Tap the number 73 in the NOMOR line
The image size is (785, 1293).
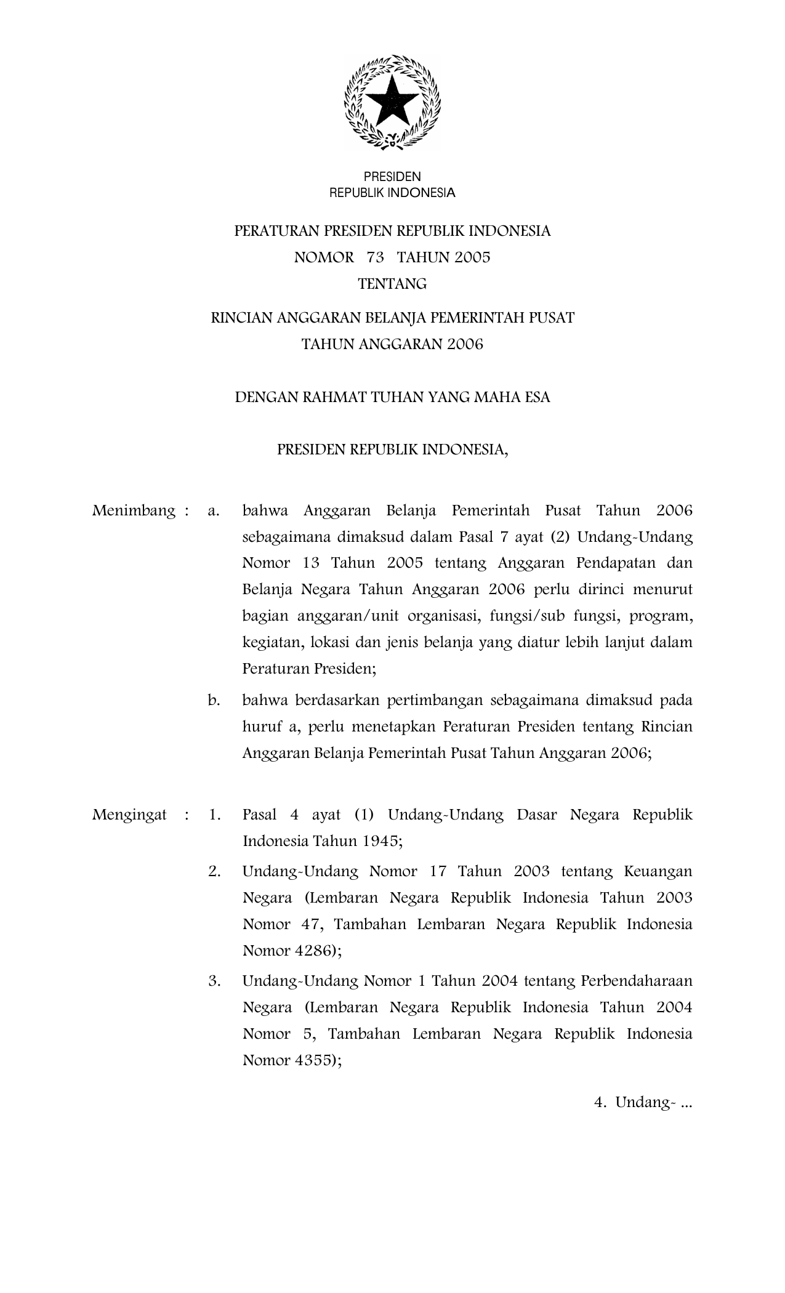(x=375, y=257)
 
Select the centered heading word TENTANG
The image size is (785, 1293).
(x=392, y=284)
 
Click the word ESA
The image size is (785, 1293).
(x=537, y=397)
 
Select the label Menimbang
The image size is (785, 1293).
(x=133, y=510)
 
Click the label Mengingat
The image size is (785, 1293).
(x=129, y=815)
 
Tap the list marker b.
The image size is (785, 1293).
(x=214, y=700)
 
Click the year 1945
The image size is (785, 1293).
(x=382, y=841)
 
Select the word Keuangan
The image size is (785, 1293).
(x=658, y=871)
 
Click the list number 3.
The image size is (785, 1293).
(x=214, y=981)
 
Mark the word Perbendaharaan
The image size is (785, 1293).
(x=637, y=981)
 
